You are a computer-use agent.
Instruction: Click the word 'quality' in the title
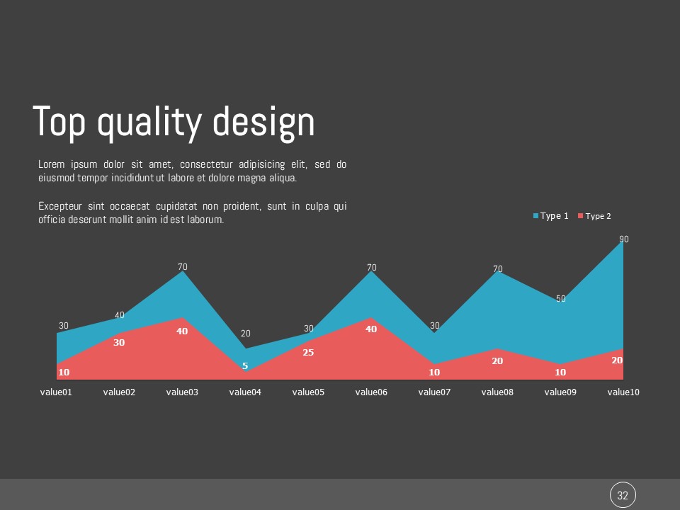coord(149,123)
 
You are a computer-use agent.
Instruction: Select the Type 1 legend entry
coord(550,216)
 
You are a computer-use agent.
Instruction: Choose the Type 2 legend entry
coord(594,216)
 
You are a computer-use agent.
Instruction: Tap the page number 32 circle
coord(623,495)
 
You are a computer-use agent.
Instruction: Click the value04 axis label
coord(245,392)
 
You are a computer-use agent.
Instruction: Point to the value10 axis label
coord(623,392)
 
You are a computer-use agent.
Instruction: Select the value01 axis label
coord(56,392)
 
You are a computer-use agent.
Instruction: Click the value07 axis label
coord(434,392)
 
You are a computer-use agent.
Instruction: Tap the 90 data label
coord(623,239)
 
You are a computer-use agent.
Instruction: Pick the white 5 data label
coord(245,366)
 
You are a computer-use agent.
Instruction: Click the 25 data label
coord(308,352)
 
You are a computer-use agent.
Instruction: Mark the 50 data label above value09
coord(561,298)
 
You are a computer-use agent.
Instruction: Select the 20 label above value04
coord(246,333)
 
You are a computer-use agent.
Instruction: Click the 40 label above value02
coord(119,314)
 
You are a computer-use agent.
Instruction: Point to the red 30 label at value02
coord(119,342)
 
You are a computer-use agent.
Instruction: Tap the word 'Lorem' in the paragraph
coord(51,164)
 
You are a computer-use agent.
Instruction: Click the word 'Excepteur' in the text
coord(59,206)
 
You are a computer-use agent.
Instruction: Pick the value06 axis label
coord(371,392)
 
